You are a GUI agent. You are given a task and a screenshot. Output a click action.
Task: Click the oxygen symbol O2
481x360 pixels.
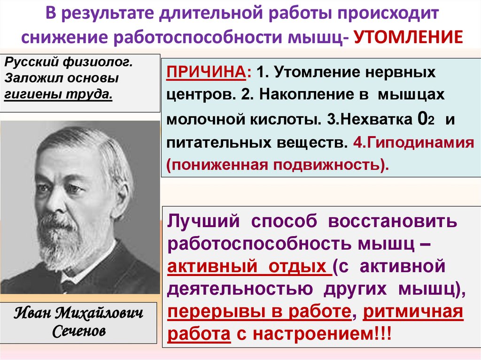423,119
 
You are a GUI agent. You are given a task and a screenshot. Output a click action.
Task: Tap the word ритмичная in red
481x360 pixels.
413,312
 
